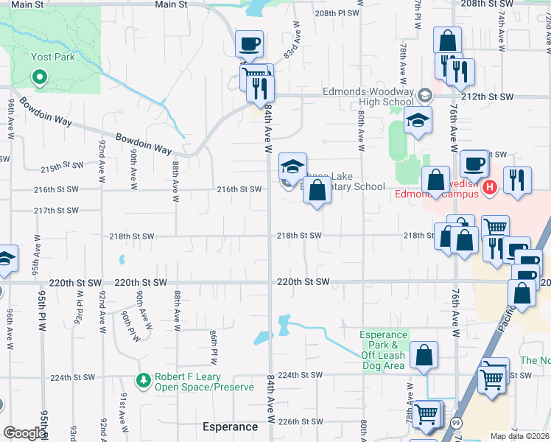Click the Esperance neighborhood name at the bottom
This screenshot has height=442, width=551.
(230, 427)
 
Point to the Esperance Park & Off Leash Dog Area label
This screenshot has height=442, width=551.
(383, 350)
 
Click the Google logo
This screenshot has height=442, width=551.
(25, 433)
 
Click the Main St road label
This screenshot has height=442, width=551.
(171, 4)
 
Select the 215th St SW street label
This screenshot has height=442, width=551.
(60, 169)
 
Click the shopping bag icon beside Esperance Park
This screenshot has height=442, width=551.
(425, 354)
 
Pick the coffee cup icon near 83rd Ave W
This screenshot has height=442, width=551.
(249, 43)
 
